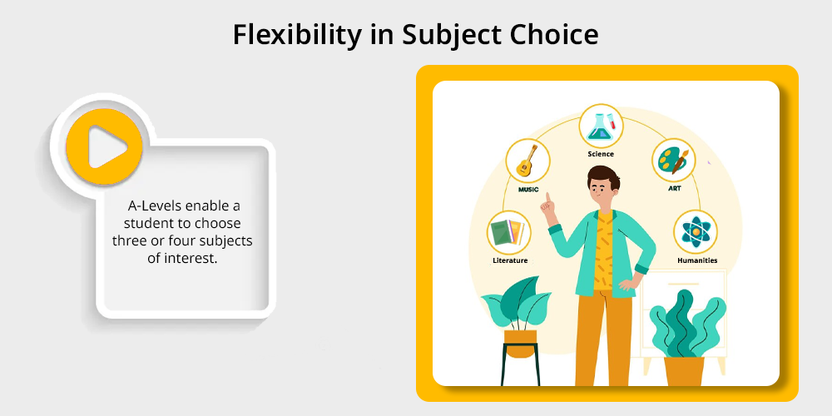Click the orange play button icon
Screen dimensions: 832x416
pos(104,146)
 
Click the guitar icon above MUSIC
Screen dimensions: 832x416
pos(527,161)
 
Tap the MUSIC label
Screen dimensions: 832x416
pos(528,189)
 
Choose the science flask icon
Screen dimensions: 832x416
pos(601,126)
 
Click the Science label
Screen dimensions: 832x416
pos(601,154)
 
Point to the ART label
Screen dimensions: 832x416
pos(675,188)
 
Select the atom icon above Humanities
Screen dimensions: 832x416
pos(696,232)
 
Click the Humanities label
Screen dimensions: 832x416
pos(697,260)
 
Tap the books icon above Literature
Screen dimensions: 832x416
pos(508,232)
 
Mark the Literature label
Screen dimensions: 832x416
pos(510,260)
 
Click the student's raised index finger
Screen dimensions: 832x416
pos(548,197)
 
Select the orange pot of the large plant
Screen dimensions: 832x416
pos(684,371)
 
